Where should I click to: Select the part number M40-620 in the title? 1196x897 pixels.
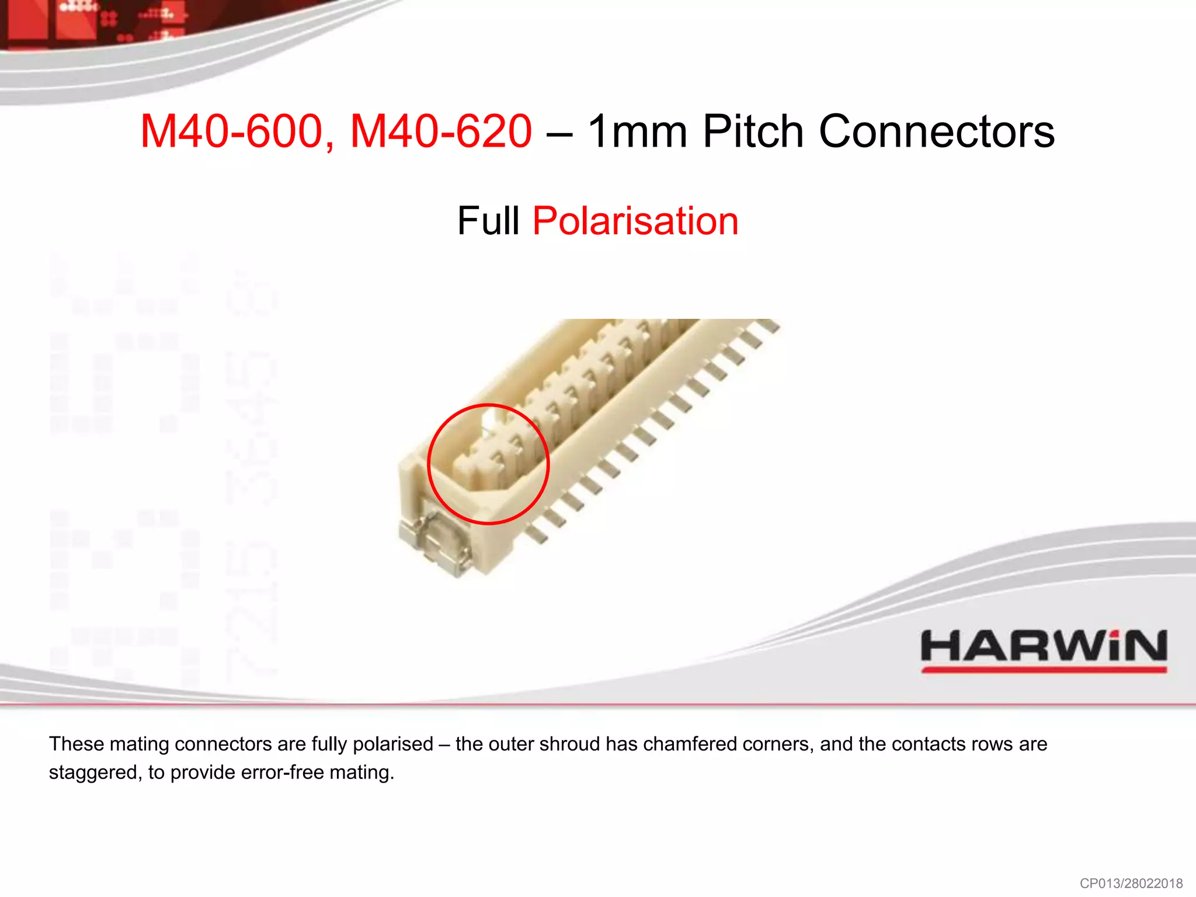pyautogui.click(x=441, y=131)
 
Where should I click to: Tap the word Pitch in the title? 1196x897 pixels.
pyautogui.click(x=753, y=131)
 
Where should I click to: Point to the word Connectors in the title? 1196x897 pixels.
pyautogui.click(x=937, y=131)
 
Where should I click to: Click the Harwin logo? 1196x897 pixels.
pyautogui.click(x=1044, y=646)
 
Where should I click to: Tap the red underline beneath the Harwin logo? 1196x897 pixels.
pyautogui.click(x=1044, y=670)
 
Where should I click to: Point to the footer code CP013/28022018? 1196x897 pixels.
pyautogui.click(x=1131, y=883)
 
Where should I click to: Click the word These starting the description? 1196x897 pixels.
pyautogui.click(x=77, y=744)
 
